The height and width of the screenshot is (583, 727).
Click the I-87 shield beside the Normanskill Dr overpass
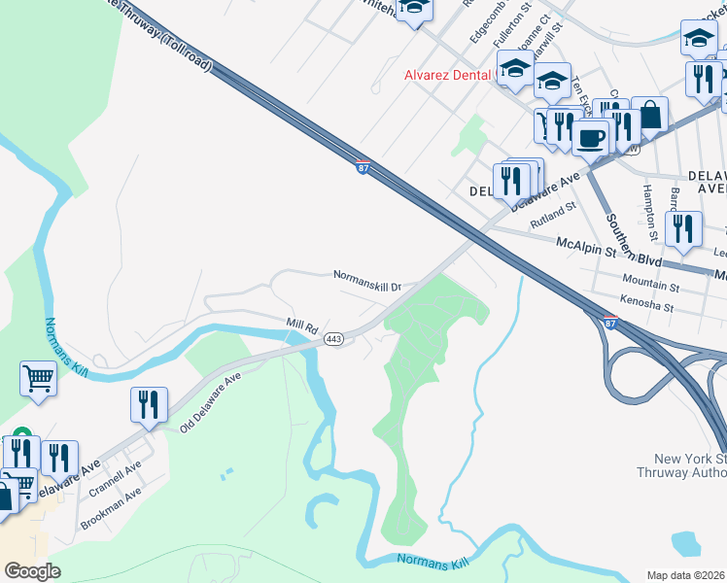click(363, 168)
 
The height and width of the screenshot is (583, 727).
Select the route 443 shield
click(333, 338)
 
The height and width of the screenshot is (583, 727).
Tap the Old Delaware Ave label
click(209, 400)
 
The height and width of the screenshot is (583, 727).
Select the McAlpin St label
click(586, 248)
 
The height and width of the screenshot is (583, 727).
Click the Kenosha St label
click(647, 306)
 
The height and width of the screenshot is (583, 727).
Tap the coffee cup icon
click(589, 138)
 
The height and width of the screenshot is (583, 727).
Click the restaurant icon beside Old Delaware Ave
click(149, 404)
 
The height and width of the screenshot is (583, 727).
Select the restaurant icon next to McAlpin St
click(683, 228)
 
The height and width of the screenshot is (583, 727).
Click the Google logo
click(32, 570)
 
